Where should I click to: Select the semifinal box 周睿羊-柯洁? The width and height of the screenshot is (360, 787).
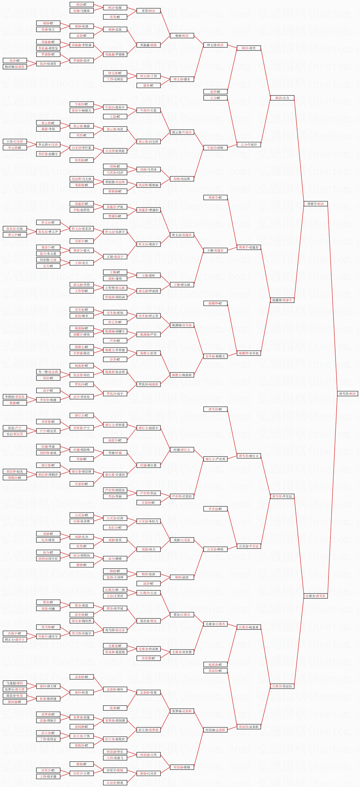click(x=315, y=204)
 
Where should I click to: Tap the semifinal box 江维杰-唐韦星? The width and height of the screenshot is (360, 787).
click(x=315, y=596)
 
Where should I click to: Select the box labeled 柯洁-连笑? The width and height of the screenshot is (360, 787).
click(x=249, y=48)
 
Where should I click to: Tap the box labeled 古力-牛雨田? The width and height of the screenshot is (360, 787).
click(x=249, y=145)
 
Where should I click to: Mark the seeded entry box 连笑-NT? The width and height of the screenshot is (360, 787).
click(x=215, y=92)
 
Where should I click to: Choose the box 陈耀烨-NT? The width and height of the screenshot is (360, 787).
click(x=215, y=303)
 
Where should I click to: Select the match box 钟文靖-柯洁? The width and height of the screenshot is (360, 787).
click(x=215, y=45)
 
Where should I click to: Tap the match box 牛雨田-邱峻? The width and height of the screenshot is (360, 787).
click(x=215, y=147)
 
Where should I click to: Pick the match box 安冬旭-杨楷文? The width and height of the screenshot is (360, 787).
click(x=215, y=356)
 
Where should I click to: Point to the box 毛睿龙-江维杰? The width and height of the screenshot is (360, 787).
click(x=215, y=624)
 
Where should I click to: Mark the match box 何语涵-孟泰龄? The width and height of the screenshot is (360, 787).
click(x=215, y=730)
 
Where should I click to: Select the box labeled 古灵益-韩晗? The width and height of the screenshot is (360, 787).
click(x=215, y=549)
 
